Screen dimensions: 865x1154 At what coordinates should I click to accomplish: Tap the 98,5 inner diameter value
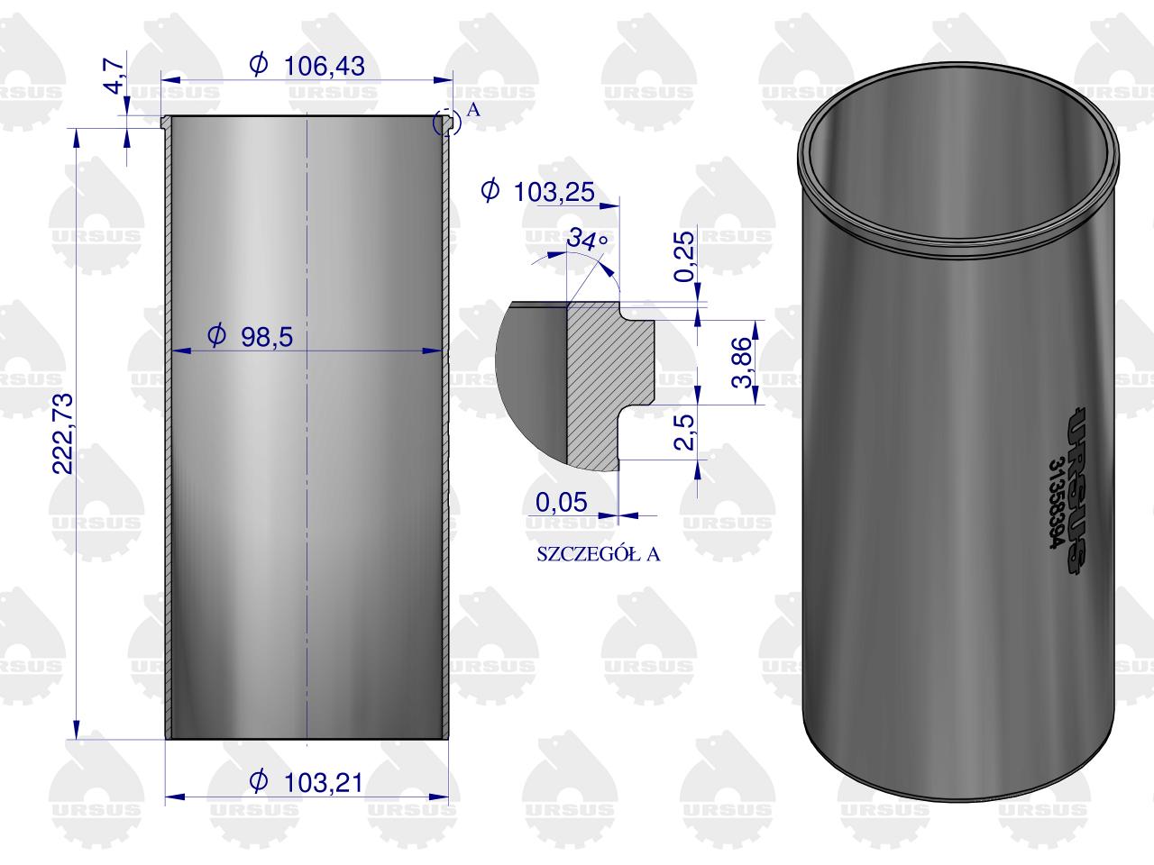coord(268,337)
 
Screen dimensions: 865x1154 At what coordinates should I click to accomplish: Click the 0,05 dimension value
coord(561,502)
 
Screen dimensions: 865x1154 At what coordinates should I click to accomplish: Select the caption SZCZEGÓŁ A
coord(598,554)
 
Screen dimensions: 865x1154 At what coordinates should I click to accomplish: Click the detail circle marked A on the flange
coord(444,123)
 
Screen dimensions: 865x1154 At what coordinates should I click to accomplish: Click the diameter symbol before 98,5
coord(216,337)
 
